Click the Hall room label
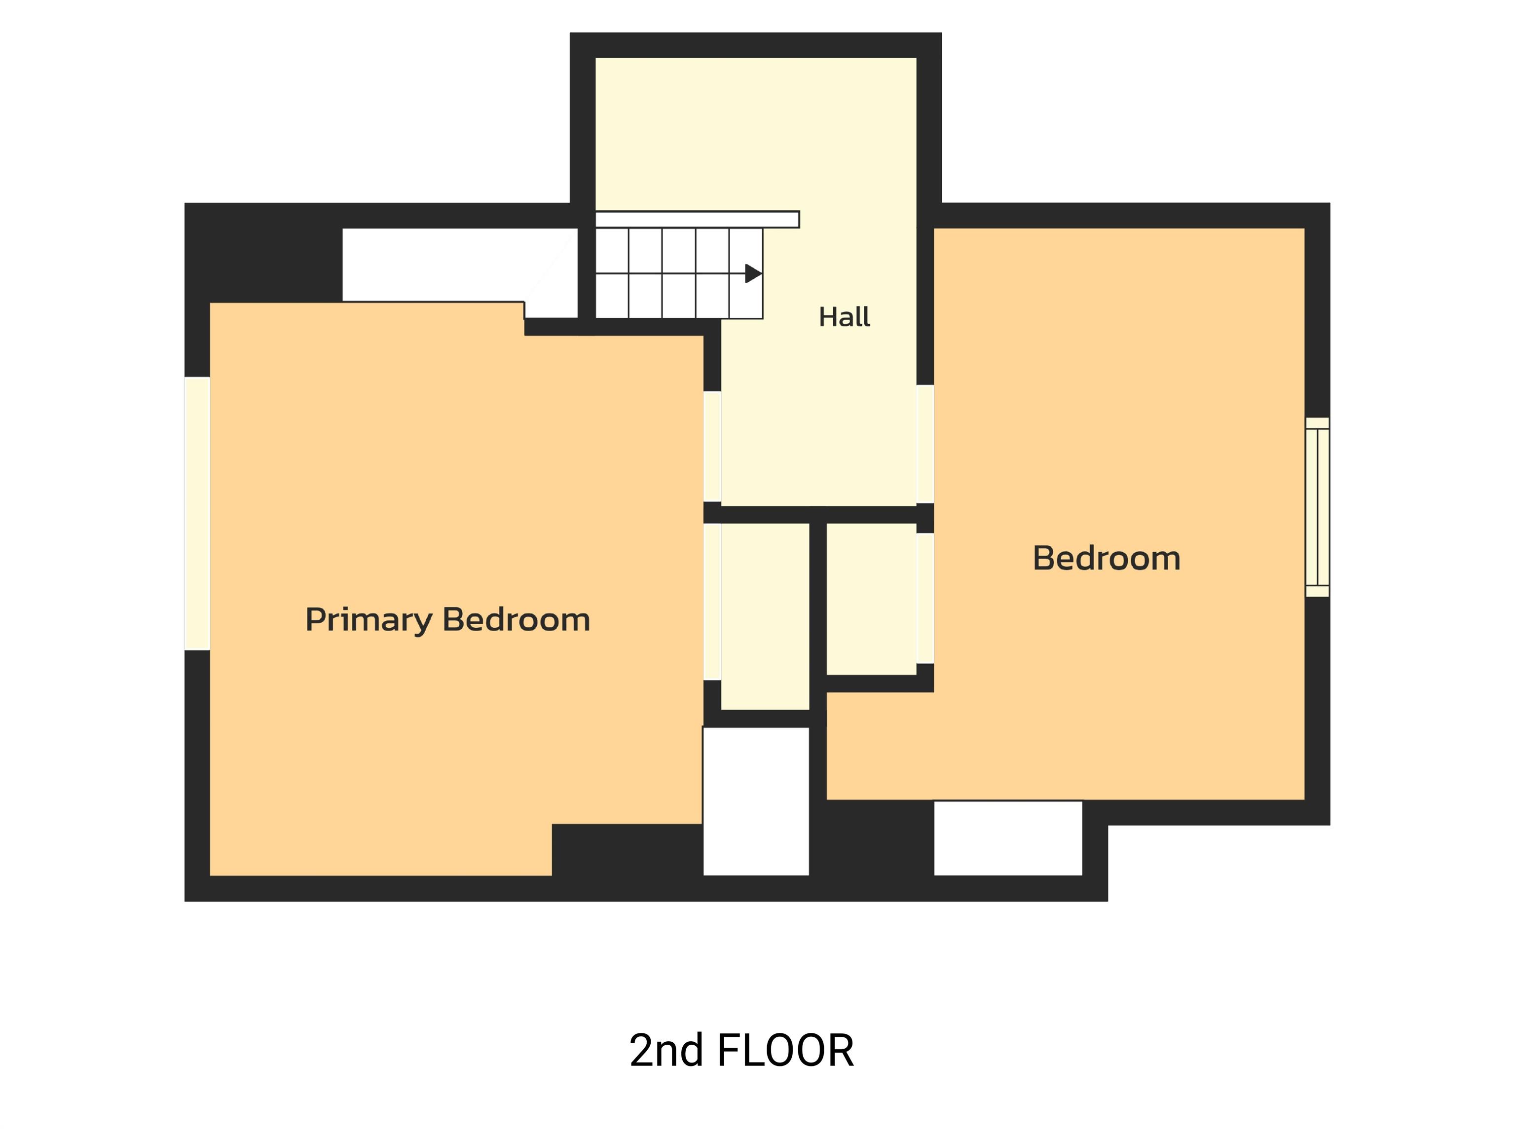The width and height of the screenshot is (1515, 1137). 845,317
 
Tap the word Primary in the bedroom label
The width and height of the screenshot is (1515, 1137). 369,620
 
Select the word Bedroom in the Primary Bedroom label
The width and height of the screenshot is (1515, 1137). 517,619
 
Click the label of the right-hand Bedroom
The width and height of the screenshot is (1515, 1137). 1107,558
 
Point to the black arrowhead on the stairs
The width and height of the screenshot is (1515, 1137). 753,273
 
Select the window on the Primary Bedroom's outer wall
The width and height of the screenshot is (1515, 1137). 197,513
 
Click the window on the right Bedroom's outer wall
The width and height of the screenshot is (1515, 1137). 1317,507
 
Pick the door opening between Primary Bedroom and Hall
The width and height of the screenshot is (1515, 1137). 712,446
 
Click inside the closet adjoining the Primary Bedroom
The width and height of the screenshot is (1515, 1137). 765,616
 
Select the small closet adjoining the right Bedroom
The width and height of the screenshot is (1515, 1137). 871,599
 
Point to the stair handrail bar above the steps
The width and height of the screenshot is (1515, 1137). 697,219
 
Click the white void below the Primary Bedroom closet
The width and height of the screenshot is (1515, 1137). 756,801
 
